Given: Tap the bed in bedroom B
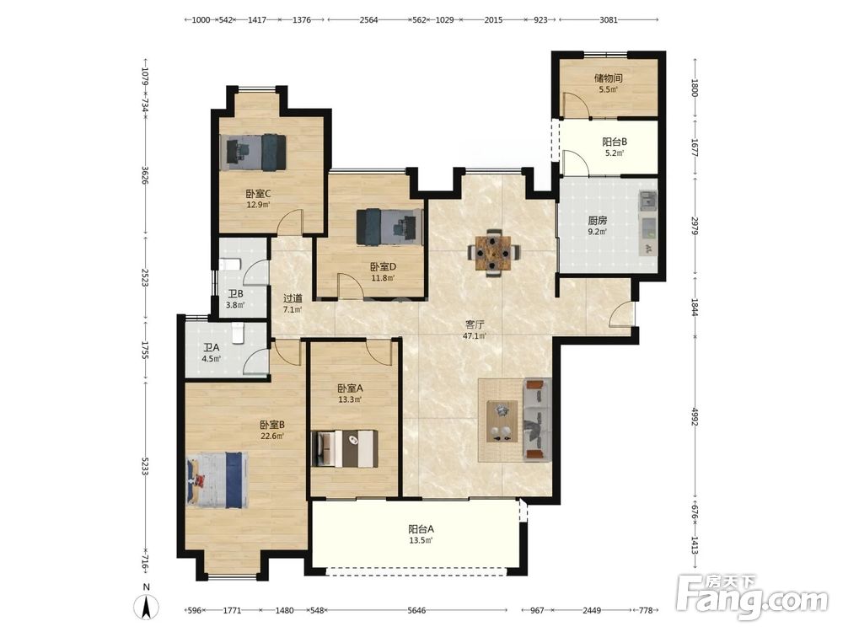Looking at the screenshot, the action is point(217,480).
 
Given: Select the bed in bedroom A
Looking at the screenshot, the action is point(345,448).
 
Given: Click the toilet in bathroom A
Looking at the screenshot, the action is point(238,332).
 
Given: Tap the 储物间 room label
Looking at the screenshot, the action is point(608,78).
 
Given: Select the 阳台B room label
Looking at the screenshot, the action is point(615,142).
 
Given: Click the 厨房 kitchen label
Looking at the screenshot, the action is point(598,220).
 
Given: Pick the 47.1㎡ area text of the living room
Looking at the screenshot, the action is point(475,336).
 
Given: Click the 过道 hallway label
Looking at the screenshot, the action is point(293,298).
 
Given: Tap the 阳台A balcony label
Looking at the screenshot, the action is point(421,529).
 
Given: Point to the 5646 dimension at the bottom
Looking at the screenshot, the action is point(416,610).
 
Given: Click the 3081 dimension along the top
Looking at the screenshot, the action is point(609,20).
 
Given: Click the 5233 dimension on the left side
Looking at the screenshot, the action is point(145,466).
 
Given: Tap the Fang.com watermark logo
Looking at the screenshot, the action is point(752,597).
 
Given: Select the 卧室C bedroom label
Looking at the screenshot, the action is point(258,194).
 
